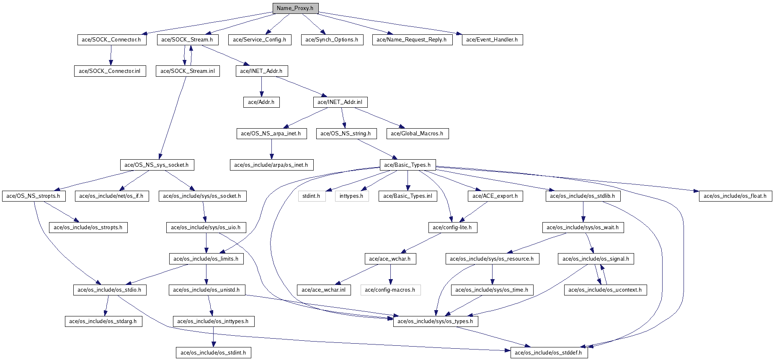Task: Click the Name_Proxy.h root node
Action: [x=295, y=8]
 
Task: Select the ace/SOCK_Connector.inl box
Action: [x=110, y=71]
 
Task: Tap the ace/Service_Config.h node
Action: [x=260, y=40]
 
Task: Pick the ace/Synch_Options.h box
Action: [x=332, y=40]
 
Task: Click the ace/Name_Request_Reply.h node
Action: [x=412, y=40]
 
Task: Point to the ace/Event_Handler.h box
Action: [x=492, y=40]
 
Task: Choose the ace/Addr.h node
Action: [x=261, y=102]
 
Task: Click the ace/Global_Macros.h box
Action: [x=417, y=134]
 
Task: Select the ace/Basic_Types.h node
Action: [x=408, y=165]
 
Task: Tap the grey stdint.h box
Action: [x=312, y=196]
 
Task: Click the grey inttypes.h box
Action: [x=352, y=196]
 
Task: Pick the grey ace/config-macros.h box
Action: [x=390, y=290]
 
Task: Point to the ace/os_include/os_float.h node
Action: [x=735, y=196]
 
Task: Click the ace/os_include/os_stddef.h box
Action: [x=549, y=353]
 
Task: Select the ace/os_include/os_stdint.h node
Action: [x=213, y=353]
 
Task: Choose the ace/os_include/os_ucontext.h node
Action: [x=605, y=290]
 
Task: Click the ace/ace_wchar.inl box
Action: [x=324, y=290]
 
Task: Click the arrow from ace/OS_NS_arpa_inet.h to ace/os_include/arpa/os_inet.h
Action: [x=271, y=149]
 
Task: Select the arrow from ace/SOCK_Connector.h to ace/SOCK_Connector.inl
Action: [x=111, y=55]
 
